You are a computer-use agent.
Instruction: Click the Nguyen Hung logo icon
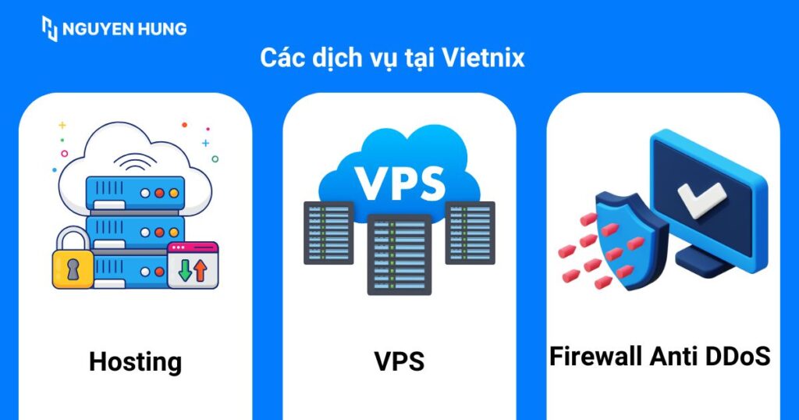[50, 29]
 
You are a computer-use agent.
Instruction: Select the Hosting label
[135, 361]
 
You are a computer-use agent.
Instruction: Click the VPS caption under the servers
[399, 361]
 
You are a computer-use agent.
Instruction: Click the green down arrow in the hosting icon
[185, 270]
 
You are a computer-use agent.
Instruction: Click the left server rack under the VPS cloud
[328, 232]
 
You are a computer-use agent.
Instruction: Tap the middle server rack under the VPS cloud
[399, 254]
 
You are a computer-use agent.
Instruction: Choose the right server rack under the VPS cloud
[470, 232]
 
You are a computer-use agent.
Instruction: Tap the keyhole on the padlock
[72, 269]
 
